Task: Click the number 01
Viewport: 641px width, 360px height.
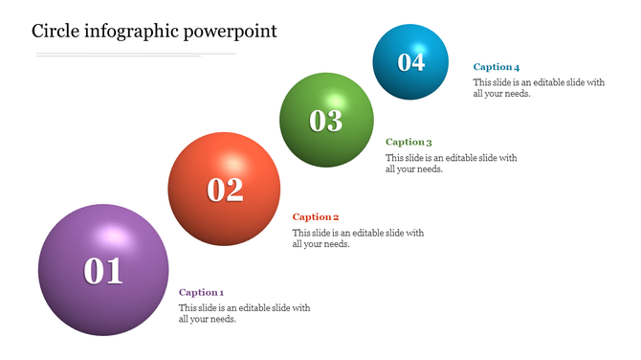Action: coord(103,272)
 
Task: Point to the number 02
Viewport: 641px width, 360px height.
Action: coord(226,190)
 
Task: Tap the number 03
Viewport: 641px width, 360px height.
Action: coord(326,121)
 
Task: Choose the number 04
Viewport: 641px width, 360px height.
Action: coord(410,62)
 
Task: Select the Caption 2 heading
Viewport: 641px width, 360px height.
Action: coord(316,217)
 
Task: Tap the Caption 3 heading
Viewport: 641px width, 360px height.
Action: coord(409,143)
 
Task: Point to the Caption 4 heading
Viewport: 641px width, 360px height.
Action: coord(497,67)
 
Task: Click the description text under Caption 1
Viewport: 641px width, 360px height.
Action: coord(244,313)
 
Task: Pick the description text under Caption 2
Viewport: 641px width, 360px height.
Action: coord(358,238)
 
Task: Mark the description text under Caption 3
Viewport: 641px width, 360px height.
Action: coord(451,164)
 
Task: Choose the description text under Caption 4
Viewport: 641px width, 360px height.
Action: coord(539,88)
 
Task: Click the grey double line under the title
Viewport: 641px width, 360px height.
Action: coord(134,56)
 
